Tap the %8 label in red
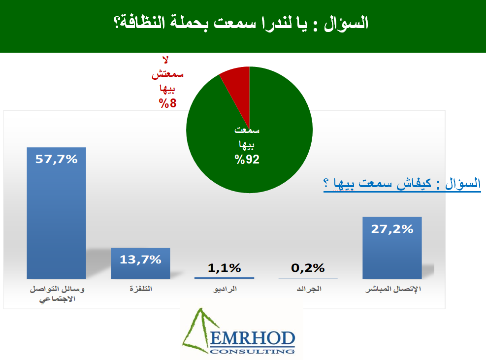tap(168, 103)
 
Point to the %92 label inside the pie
tap(247, 160)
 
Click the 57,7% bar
tap(57, 213)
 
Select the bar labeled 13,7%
tap(140, 263)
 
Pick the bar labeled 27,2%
tap(392, 248)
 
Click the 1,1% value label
tap(225, 268)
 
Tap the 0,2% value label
tap(308, 268)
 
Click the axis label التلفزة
tap(141, 289)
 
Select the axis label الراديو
tap(225, 289)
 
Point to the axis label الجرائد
tap(309, 289)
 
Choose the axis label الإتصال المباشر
tap(393, 289)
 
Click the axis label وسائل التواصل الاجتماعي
tap(57, 294)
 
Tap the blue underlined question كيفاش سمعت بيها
tap(402, 184)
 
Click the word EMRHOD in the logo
tap(253, 338)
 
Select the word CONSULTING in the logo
tap(252, 352)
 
